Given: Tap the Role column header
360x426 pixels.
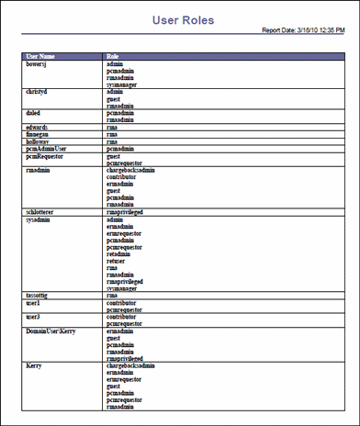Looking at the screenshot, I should [x=113, y=57].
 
